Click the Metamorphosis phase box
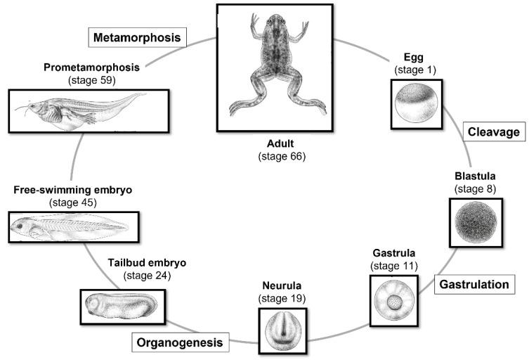pos(138,37)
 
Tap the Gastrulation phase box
pos(475,285)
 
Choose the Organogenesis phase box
pos(181,343)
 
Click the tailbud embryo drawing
pos(120,307)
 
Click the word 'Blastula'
pos(475,176)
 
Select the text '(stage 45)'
pos(73,202)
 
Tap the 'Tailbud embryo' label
pos(147,262)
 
